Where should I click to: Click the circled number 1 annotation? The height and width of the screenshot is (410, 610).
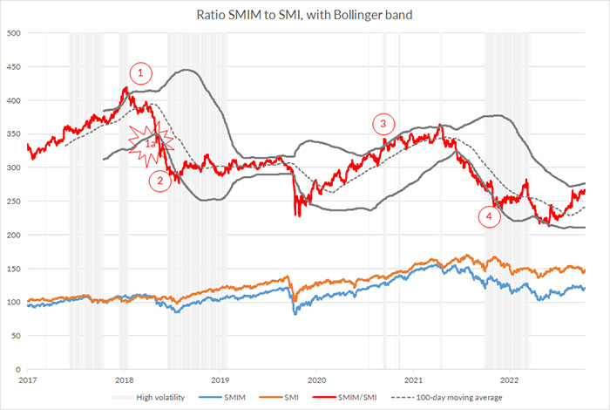[142, 72]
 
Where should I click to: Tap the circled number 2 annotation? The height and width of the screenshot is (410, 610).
[159, 181]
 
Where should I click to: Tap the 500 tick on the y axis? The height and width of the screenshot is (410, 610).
[13, 33]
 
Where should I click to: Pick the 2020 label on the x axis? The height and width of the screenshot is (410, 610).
[317, 380]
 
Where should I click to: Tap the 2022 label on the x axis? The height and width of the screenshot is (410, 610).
[511, 380]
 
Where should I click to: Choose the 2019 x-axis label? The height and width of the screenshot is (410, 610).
[221, 380]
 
